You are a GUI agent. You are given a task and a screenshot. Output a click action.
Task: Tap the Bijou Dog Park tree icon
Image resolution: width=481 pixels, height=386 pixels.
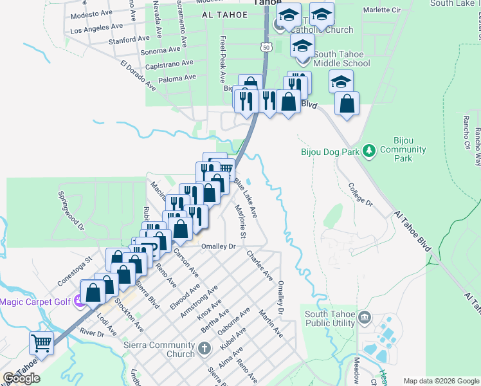click(x=368, y=151)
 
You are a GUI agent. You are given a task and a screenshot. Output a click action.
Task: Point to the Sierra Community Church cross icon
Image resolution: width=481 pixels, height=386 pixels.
click(x=204, y=349)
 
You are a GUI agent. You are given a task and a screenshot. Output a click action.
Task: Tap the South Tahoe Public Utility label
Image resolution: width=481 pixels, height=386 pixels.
click(x=329, y=319)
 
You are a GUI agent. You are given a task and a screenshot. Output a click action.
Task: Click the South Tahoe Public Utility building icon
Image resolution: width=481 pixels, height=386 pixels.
click(x=364, y=317)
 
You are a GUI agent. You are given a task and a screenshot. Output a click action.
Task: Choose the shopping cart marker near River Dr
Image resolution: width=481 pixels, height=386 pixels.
click(x=42, y=343)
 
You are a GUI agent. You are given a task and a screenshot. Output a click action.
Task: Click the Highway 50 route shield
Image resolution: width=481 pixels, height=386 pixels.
click(x=267, y=46)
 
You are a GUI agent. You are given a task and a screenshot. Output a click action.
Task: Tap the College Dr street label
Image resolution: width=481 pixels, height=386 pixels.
click(x=361, y=193)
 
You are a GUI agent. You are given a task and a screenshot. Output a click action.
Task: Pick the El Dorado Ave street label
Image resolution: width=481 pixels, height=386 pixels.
click(x=138, y=75)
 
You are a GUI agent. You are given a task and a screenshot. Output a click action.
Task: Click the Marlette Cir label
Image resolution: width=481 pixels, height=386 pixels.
click(x=383, y=10)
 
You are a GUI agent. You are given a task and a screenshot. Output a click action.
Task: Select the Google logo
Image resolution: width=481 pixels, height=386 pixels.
click(x=21, y=378)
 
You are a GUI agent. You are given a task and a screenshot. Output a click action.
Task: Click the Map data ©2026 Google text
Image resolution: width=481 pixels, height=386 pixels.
click(x=440, y=381)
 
